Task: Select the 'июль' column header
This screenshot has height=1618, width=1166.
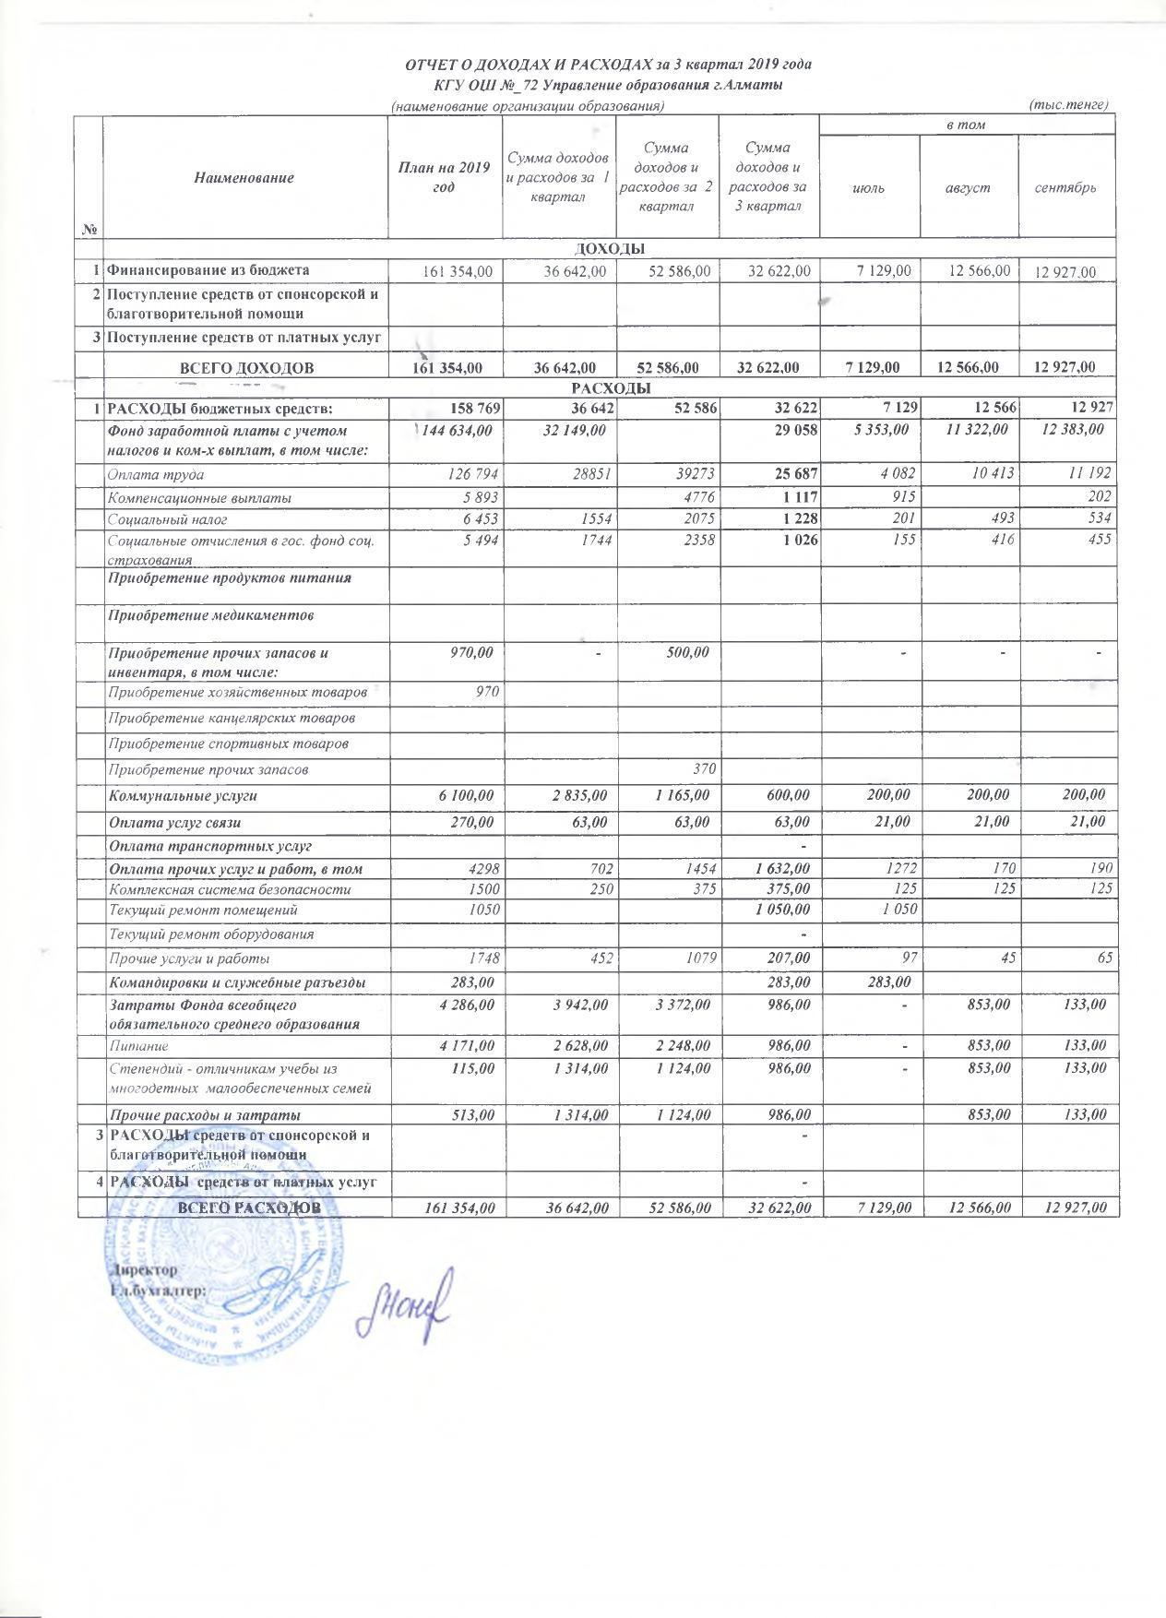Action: click(x=869, y=187)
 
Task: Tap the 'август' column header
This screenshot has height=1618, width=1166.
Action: click(x=968, y=187)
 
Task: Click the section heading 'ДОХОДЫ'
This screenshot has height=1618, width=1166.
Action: click(x=610, y=248)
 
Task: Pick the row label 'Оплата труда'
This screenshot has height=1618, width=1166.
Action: click(x=156, y=475)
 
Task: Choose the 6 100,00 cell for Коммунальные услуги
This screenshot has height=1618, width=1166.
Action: click(x=463, y=795)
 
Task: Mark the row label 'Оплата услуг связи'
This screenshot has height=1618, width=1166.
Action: click(x=176, y=822)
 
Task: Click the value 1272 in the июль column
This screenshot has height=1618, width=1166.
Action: click(x=898, y=869)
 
